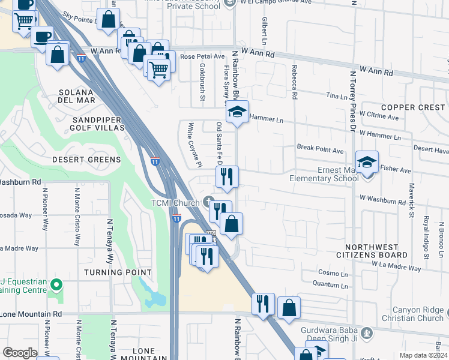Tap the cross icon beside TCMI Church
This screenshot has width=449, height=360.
pyautogui.click(x=208, y=200)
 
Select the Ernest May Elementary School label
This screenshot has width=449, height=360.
pyautogui.click(x=324, y=173)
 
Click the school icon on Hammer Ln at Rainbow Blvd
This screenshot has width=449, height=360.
pyautogui.click(x=237, y=112)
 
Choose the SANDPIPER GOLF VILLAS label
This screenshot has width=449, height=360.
pyautogui.click(x=98, y=124)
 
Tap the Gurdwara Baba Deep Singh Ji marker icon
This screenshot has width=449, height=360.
pyautogui.click(x=366, y=331)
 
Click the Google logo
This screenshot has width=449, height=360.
pyautogui.click(x=20, y=353)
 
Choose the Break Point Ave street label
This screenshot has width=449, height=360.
pyautogui.click(x=320, y=147)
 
